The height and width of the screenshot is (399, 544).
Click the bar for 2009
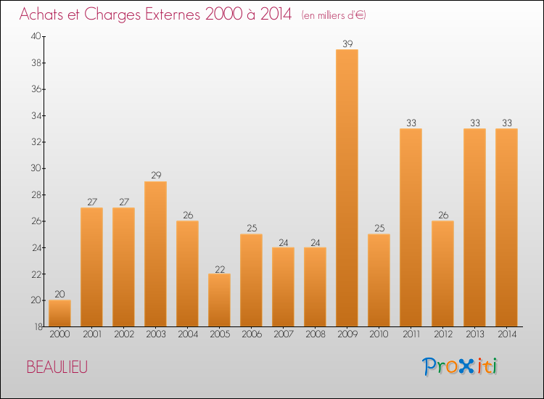click(x=347, y=188)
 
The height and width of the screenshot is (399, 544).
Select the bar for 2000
click(x=59, y=313)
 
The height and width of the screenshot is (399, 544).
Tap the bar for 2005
click(x=219, y=300)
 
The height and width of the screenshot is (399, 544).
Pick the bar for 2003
click(x=155, y=254)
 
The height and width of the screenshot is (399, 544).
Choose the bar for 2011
click(x=411, y=228)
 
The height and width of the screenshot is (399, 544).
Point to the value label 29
click(x=155, y=176)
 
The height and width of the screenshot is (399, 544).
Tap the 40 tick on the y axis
click(x=36, y=36)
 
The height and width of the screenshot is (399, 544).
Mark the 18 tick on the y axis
click(x=36, y=326)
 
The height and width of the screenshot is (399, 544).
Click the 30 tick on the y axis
click(x=36, y=168)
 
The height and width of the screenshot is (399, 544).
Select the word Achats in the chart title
click(x=41, y=15)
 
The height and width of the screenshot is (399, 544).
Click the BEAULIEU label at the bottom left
click(x=57, y=368)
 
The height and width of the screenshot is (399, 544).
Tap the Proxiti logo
click(x=459, y=366)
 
